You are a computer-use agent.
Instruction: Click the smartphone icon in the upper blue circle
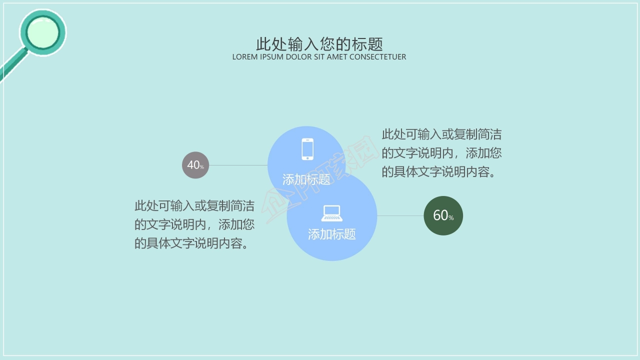pyautogui.click(x=307, y=149)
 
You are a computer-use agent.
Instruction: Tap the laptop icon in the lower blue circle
pyautogui.click(x=332, y=213)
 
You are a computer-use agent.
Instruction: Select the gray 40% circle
pyautogui.click(x=195, y=165)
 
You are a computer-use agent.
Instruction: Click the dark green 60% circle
pyautogui.click(x=443, y=215)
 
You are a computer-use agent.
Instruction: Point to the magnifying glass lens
pyautogui.click(x=42, y=32)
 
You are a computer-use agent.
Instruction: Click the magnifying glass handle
pyautogui.click(x=11, y=67)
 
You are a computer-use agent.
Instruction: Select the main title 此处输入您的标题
pyautogui.click(x=319, y=44)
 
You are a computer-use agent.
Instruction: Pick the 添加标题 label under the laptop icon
pyautogui.click(x=332, y=234)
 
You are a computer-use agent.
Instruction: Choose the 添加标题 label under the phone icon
pyautogui.click(x=306, y=179)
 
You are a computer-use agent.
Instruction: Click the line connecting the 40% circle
pyautogui.click(x=238, y=165)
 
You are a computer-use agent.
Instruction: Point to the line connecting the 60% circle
pyautogui.click(x=400, y=215)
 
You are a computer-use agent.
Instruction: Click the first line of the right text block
pyautogui.click(x=441, y=134)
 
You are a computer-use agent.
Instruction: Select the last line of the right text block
pyautogui.click(x=439, y=171)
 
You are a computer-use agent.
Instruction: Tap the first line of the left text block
pyautogui.click(x=194, y=206)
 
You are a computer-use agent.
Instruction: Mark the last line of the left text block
pyautogui.click(x=191, y=243)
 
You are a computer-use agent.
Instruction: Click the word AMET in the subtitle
pyautogui.click(x=337, y=57)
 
